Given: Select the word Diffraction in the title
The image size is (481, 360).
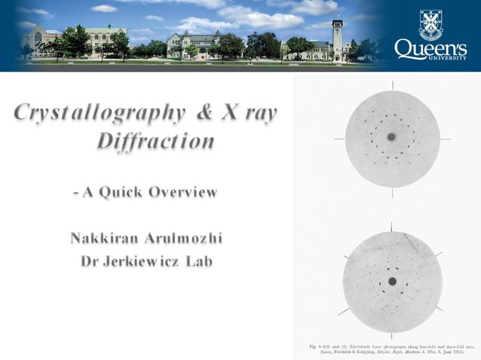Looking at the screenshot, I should pyautogui.click(x=155, y=142).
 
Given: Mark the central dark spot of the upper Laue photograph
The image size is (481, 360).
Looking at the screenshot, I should pyautogui.click(x=391, y=137).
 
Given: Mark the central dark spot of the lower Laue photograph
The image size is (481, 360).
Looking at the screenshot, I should pyautogui.click(x=392, y=281).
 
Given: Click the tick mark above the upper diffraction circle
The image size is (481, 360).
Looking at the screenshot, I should pyautogui.click(x=392, y=85).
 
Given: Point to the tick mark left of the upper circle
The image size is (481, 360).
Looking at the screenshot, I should pyautogui.click(x=339, y=139).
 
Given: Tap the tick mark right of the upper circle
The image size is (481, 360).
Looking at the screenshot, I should pyautogui.click(x=445, y=139).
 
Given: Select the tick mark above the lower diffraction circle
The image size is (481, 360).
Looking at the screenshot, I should pyautogui.click(x=392, y=227).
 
